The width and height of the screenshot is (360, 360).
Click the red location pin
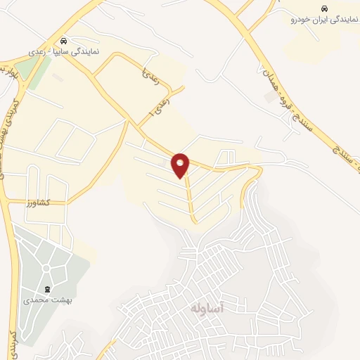181,165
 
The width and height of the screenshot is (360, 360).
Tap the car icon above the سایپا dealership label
64,41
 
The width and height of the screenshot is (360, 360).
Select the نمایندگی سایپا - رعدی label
64,52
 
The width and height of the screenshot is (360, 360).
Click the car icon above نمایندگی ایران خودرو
314,9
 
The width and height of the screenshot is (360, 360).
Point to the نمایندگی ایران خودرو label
314,20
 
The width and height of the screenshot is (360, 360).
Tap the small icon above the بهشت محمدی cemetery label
48,288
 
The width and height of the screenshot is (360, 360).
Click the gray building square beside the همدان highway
271,97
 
